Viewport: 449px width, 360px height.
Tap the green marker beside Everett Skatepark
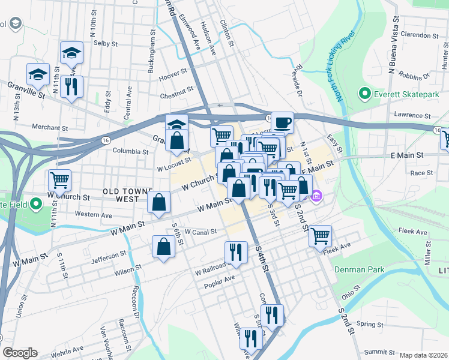pos(364,94)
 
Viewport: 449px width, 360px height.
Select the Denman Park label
pos(360,270)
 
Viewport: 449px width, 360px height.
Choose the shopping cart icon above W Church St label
pos(59,179)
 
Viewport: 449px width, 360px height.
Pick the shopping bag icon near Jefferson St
pos(164,247)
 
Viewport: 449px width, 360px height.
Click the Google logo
pos(20,353)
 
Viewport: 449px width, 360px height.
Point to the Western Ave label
pos(94,214)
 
